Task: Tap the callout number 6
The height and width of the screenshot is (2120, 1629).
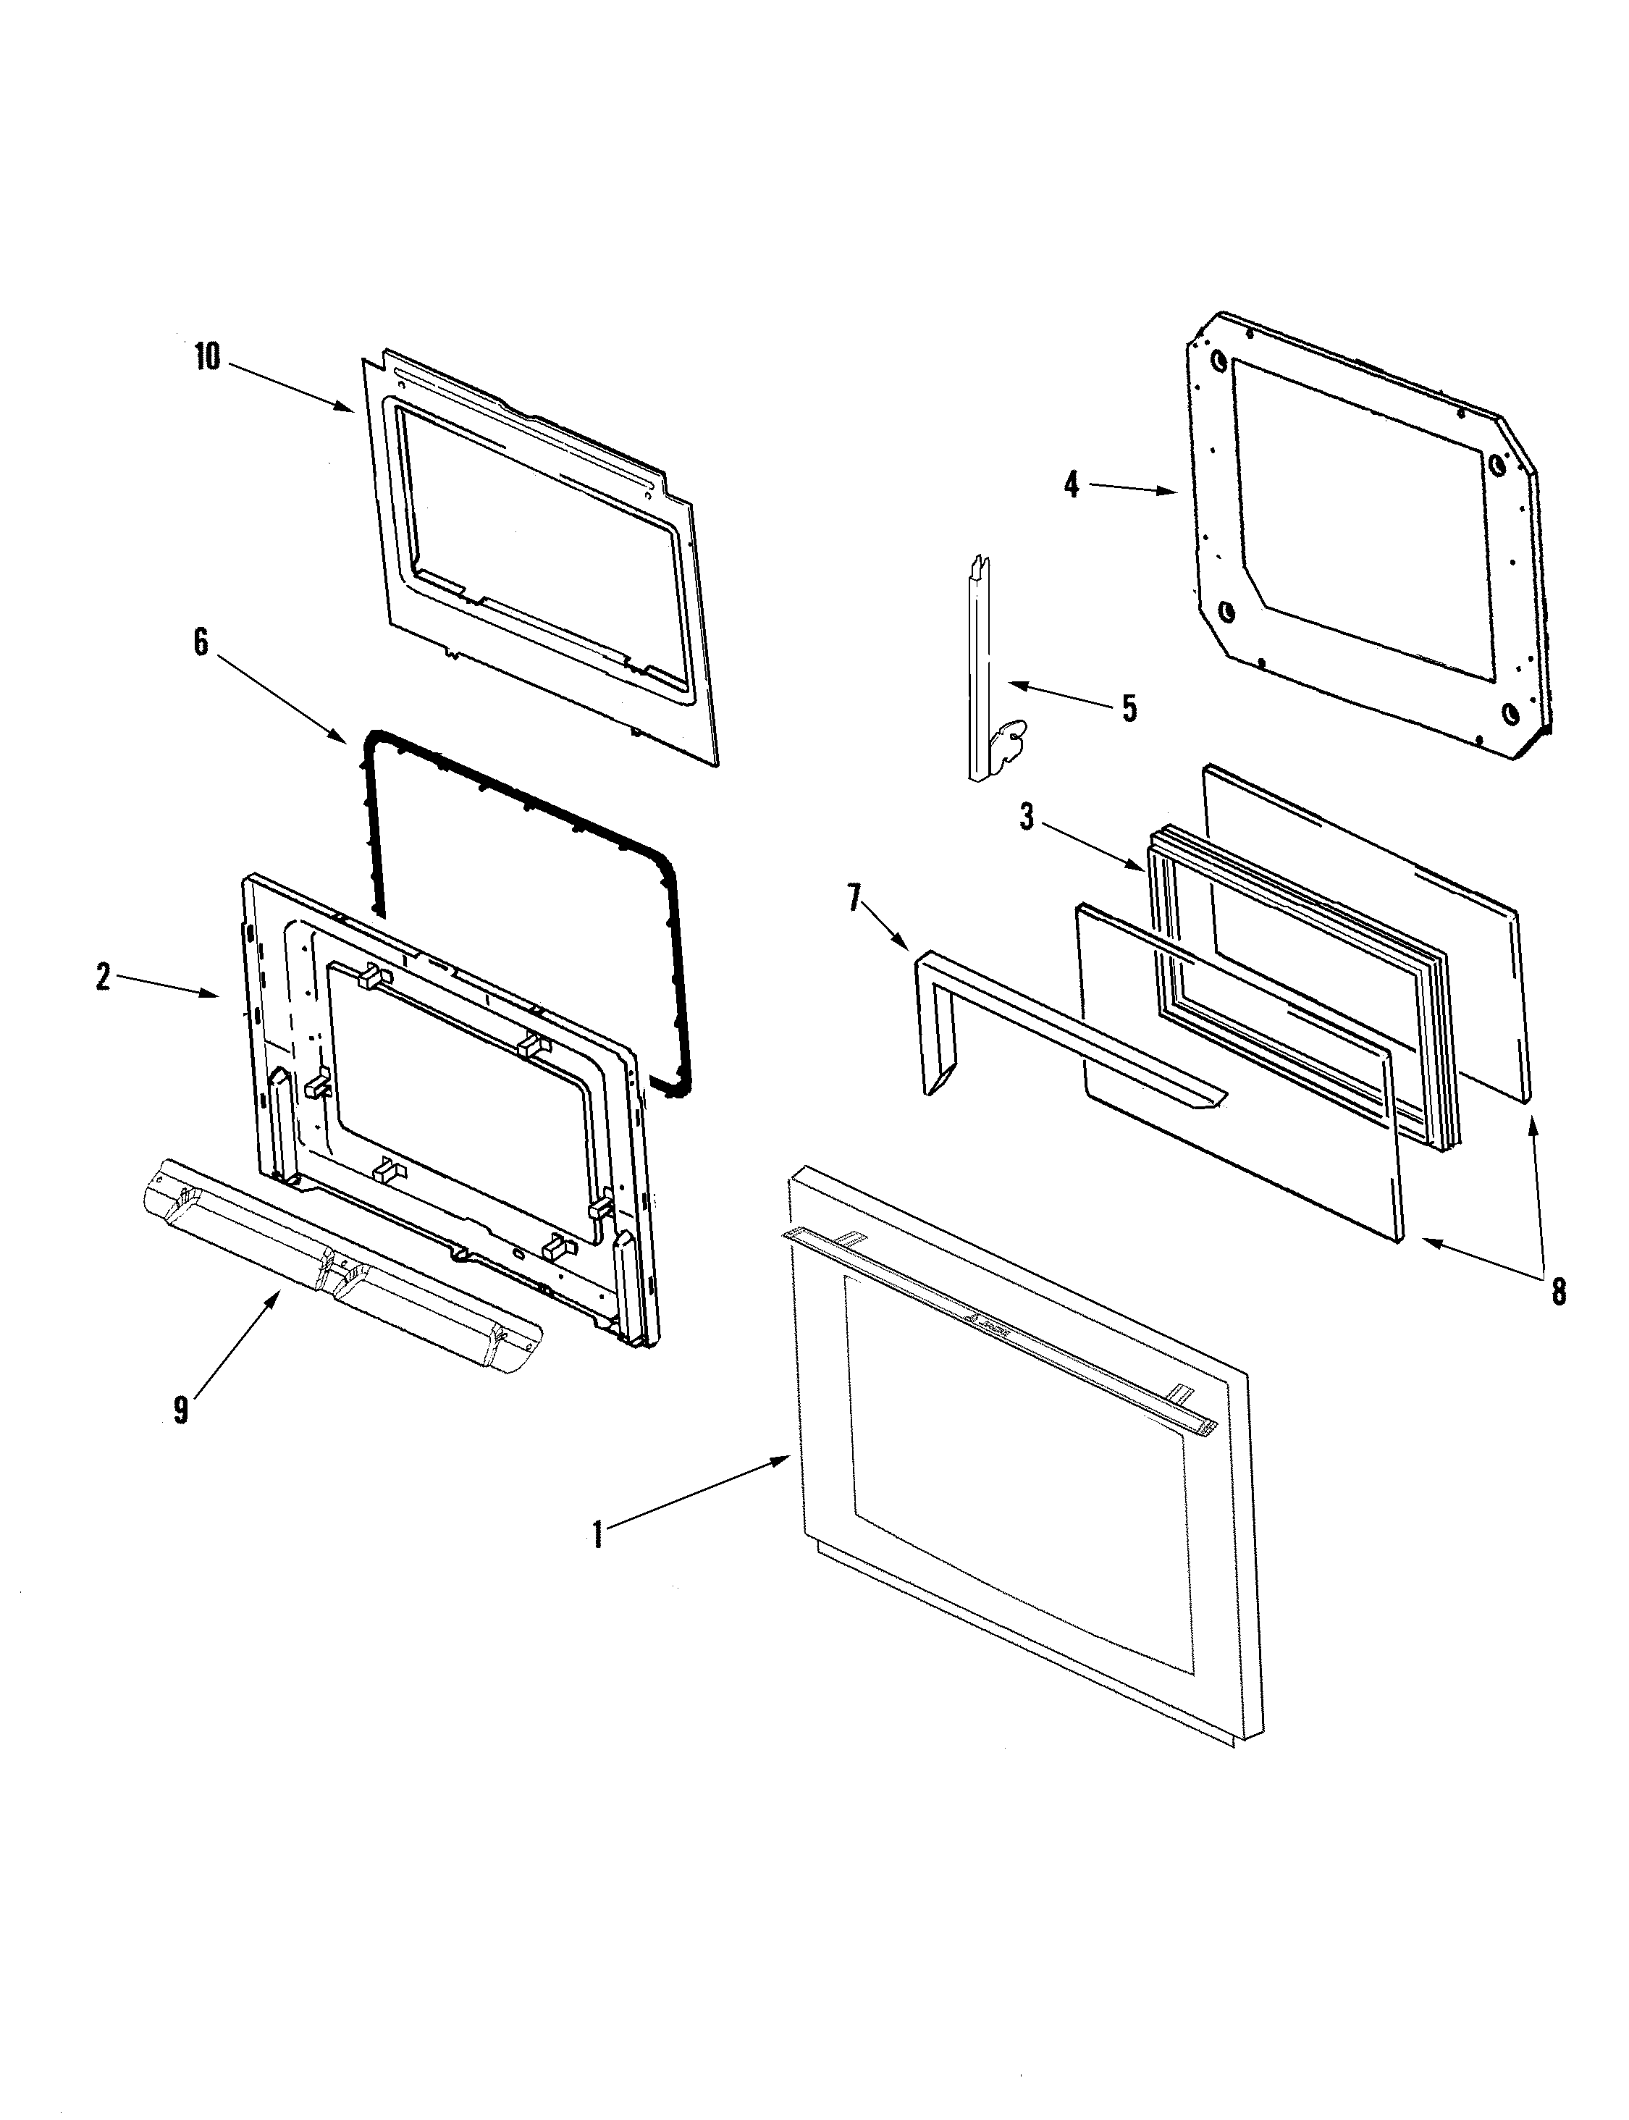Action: click(201, 642)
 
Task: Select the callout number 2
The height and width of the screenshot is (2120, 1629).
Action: click(103, 977)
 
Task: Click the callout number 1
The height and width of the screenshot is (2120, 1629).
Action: click(597, 1535)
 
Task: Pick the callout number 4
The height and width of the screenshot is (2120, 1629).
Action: click(1071, 485)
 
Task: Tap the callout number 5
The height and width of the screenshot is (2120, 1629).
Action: click(1129, 708)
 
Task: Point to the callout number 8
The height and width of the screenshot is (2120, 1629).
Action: click(1558, 1292)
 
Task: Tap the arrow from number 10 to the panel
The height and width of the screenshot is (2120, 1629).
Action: click(291, 387)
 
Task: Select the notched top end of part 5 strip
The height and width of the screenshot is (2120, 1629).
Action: click(980, 563)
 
